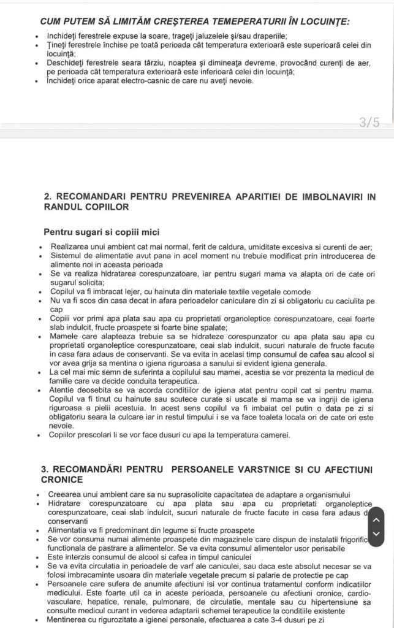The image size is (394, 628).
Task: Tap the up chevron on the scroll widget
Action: [x=377, y=521]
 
